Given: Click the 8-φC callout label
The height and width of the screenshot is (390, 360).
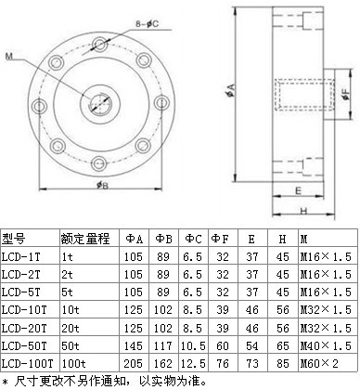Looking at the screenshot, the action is [147, 24].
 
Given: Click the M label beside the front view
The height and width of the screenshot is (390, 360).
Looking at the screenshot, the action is [9, 57].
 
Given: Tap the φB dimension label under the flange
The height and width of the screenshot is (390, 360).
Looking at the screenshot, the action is [102, 185].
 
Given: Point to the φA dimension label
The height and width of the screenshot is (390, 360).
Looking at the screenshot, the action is [230, 90].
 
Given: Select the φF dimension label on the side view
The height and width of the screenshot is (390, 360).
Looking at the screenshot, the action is [346, 95].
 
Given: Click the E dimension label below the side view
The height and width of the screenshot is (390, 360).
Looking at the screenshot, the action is [298, 190].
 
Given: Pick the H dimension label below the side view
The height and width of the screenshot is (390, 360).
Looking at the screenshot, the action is [303, 211].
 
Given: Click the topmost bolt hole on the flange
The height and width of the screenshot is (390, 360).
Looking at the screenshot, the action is [100, 45].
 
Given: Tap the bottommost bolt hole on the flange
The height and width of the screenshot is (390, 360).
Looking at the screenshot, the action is [100, 162].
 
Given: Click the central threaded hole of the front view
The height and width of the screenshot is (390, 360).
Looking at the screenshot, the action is [99, 103].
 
